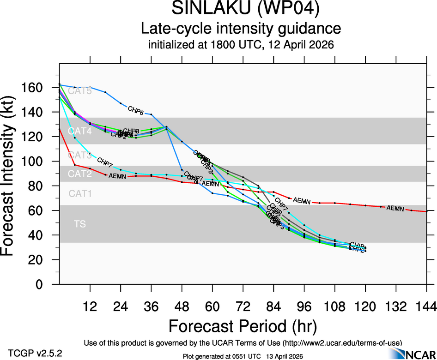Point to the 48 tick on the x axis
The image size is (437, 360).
(182, 306)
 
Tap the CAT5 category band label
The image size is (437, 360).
(80, 91)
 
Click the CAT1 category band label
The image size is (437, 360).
(80, 194)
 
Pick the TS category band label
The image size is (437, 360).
(80, 224)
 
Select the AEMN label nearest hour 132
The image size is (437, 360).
(395, 209)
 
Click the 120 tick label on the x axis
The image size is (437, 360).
(365, 306)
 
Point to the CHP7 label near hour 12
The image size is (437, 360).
(105, 162)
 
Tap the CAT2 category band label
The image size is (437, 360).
(80, 174)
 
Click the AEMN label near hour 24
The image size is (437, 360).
(117, 176)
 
